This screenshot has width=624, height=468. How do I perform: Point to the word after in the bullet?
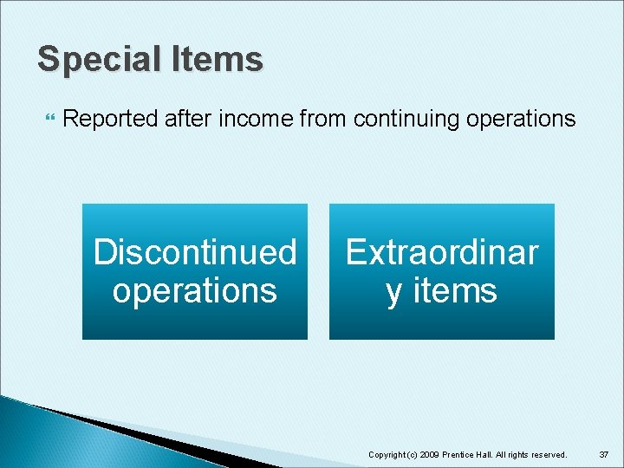tap(188, 119)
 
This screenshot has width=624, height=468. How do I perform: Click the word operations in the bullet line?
tap(521, 119)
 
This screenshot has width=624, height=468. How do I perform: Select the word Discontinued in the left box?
tap(195, 252)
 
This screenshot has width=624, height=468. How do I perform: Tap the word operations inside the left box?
tap(195, 290)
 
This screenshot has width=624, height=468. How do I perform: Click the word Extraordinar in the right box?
tap(442, 252)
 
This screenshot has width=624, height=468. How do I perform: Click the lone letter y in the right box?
tap(395, 292)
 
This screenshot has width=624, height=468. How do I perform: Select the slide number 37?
tap(603, 454)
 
